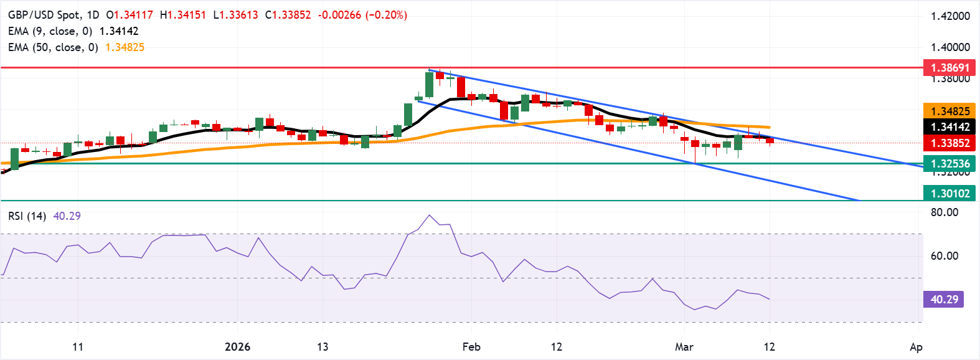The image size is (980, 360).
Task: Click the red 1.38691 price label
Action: point(949,67)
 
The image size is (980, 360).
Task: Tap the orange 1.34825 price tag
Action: point(949,111)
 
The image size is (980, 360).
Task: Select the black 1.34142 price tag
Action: point(949,127)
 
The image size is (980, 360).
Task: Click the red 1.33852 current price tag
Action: point(949,143)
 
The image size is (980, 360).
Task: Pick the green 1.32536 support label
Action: point(949,164)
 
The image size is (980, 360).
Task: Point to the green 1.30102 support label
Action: point(949,193)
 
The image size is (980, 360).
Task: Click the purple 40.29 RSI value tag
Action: point(944,300)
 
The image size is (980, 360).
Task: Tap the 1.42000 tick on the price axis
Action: point(950,16)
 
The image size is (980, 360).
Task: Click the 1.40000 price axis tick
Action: point(950,47)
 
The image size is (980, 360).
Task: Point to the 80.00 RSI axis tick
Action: point(944,212)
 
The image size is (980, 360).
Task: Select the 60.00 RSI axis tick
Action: point(944,256)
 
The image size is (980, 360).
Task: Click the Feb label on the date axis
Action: point(471,347)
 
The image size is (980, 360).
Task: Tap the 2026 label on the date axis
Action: point(237,347)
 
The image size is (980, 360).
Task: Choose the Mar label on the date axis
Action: point(684,347)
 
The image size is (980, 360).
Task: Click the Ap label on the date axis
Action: point(915,347)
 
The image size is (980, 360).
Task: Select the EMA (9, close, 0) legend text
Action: point(50,31)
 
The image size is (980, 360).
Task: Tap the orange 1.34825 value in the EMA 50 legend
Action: point(125,47)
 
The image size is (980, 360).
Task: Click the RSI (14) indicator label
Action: point(27,216)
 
